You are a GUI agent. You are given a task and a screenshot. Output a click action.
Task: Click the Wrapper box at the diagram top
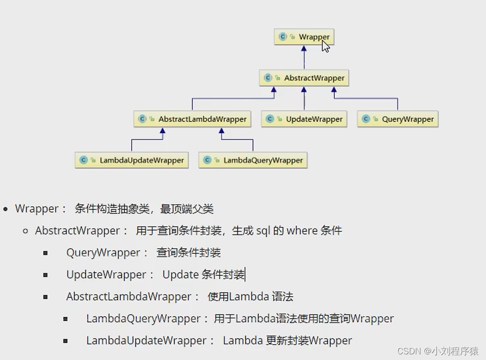pyautogui.click(x=304, y=37)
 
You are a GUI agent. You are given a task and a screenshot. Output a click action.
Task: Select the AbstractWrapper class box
pyautogui.click(x=304, y=78)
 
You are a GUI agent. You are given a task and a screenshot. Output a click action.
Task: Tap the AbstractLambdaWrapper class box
pyautogui.click(x=192, y=119)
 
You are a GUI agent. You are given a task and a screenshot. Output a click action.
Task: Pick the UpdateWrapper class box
pyautogui.click(x=304, y=119)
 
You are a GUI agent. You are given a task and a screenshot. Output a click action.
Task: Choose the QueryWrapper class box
pyautogui.click(x=397, y=119)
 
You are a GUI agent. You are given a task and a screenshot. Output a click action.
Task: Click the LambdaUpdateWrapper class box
pyautogui.click(x=131, y=160)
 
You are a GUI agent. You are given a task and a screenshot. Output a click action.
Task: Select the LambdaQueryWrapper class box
pyautogui.click(x=253, y=160)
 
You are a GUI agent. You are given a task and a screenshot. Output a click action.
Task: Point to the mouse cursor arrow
pyautogui.click(x=325, y=46)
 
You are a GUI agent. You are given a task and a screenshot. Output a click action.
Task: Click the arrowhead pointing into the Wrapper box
pyautogui.click(x=304, y=49)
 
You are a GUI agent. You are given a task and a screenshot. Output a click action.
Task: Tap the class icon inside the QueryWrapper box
pyautogui.click(x=366, y=119)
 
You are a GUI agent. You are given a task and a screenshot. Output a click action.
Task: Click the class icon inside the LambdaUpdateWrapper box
pyautogui.click(x=83, y=160)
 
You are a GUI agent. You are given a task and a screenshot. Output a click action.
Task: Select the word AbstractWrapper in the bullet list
pyautogui.click(x=78, y=231)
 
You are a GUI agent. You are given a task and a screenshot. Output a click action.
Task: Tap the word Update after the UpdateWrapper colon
pyautogui.click(x=180, y=275)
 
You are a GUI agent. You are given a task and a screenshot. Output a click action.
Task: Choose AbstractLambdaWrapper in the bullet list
pyautogui.click(x=129, y=297)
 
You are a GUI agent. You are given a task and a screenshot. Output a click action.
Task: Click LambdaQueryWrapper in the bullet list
pyautogui.click(x=143, y=319)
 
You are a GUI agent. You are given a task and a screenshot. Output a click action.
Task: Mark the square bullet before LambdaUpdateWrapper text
pyautogui.click(x=65, y=341)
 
